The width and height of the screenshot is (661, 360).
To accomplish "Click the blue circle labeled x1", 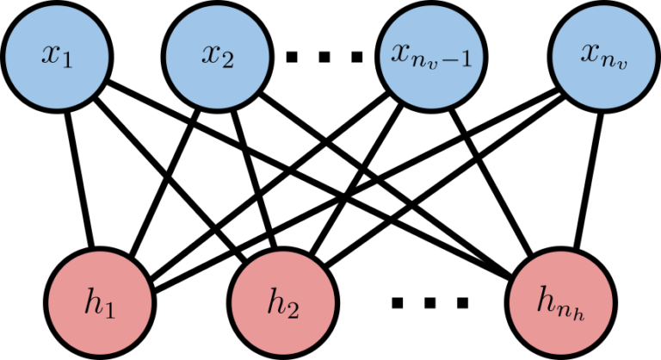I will (57, 57).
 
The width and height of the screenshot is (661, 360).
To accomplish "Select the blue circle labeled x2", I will (217, 57).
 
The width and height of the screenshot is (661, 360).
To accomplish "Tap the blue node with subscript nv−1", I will (431, 57).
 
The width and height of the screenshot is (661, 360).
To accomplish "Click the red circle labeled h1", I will (100, 303).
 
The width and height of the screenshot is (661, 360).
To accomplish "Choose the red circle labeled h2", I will (282, 303).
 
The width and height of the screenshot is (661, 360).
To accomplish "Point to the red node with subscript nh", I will (560, 303).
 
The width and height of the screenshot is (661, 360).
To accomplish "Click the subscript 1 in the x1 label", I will (67, 62).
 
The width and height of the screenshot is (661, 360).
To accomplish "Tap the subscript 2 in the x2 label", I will (228, 62).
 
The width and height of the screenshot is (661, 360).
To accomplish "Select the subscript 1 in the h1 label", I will (110, 308).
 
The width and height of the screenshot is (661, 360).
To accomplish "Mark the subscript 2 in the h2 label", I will (293, 308).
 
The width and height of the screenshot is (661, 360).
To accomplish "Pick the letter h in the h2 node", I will (275, 301).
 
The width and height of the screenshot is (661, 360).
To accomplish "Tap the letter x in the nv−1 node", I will (399, 53).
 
